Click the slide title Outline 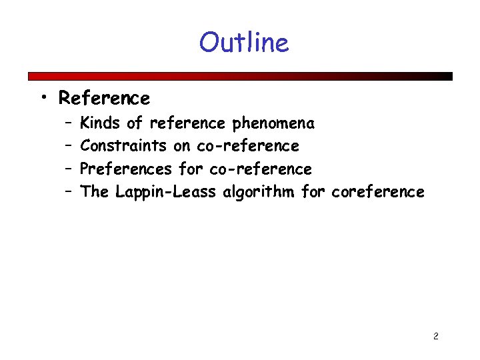click(x=243, y=42)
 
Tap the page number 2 click(x=435, y=336)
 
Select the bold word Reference click(x=104, y=99)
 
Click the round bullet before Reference click(x=43, y=99)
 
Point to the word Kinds click(x=101, y=123)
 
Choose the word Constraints click(x=123, y=146)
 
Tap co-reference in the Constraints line click(x=248, y=146)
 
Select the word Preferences click(x=126, y=169)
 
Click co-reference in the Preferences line click(x=261, y=169)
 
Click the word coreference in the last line click(x=377, y=193)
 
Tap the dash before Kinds click(x=69, y=123)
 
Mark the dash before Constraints click(x=69, y=146)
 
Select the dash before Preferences click(x=69, y=169)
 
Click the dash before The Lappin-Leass click(x=69, y=192)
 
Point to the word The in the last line click(x=94, y=193)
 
